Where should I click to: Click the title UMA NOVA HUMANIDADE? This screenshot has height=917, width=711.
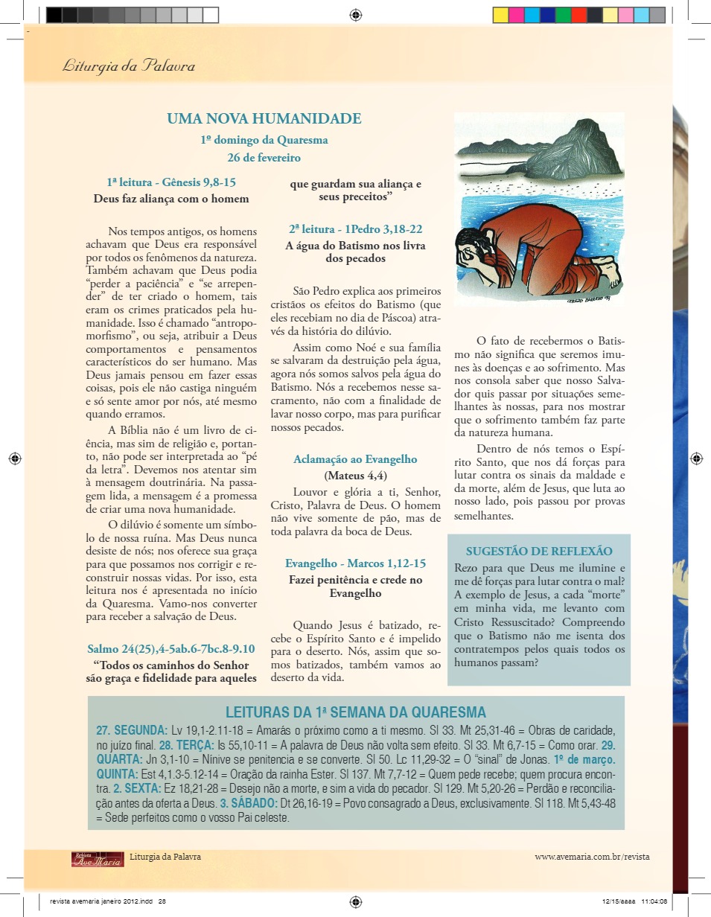pyautogui.click(x=264, y=119)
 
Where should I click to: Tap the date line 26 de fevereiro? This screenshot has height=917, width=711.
pyautogui.click(x=264, y=158)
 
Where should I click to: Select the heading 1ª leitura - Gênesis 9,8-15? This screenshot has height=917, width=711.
pyautogui.click(x=171, y=182)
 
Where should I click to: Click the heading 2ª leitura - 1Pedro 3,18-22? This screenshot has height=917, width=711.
pyautogui.click(x=355, y=229)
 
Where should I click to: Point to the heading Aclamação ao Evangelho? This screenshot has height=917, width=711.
pyautogui.click(x=355, y=459)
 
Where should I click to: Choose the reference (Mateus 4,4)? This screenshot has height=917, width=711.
pyautogui.click(x=355, y=475)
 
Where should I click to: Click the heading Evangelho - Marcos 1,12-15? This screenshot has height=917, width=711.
pyautogui.click(x=355, y=563)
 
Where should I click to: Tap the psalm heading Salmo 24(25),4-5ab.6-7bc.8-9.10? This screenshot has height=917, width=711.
pyautogui.click(x=171, y=648)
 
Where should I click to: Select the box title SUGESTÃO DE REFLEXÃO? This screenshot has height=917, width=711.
pyautogui.click(x=539, y=552)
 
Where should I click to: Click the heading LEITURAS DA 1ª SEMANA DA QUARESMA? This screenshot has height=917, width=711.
pyautogui.click(x=355, y=712)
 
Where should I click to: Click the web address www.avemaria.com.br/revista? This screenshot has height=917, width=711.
pyautogui.click(x=592, y=857)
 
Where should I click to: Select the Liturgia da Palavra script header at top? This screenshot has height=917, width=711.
pyautogui.click(x=129, y=66)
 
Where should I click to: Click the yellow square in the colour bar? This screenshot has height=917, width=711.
pyautogui.click(x=500, y=15)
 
